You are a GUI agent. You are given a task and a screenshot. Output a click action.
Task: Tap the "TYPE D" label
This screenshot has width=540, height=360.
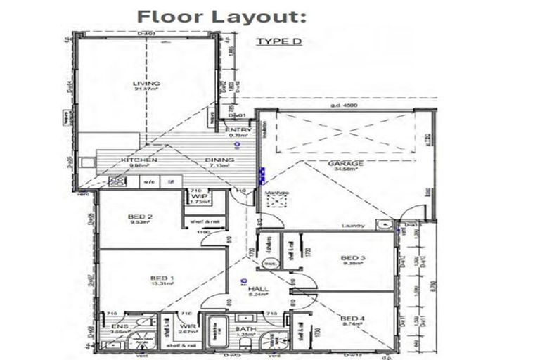[x=278, y=41]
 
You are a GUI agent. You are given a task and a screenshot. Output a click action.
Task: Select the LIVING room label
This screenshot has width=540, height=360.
[x=146, y=84]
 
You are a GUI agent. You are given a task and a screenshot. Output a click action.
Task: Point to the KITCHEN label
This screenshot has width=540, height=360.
[x=139, y=161]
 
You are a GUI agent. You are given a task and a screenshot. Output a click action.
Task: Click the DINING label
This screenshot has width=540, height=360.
[x=219, y=161]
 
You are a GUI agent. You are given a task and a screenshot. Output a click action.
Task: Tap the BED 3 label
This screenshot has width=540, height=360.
[x=349, y=257]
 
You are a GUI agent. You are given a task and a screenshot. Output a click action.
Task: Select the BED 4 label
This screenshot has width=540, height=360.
[x=349, y=317]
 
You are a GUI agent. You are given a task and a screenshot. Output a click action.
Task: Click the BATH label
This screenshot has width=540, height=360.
[x=245, y=329]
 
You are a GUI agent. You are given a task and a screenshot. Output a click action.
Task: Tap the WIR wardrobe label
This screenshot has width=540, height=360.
[x=186, y=328]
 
